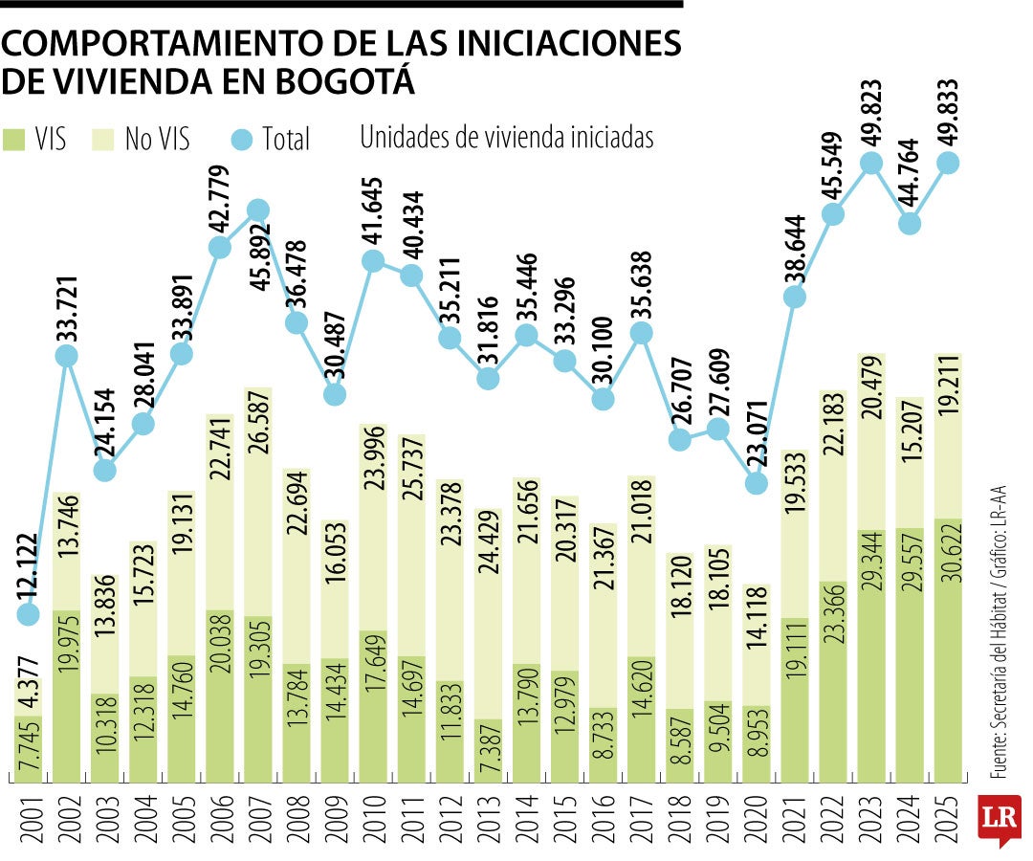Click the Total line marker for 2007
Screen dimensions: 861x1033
click(x=258, y=210)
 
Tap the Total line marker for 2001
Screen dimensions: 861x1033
click(x=29, y=613)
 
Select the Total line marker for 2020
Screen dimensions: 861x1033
click(x=756, y=482)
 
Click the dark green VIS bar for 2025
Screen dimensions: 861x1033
click(x=948, y=651)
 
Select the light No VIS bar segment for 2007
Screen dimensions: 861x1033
click(x=258, y=502)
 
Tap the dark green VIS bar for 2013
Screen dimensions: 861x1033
click(x=488, y=751)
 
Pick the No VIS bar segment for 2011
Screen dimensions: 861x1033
click(x=411, y=545)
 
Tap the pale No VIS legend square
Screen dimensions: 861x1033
click(x=103, y=139)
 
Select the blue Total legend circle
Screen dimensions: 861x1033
click(x=243, y=140)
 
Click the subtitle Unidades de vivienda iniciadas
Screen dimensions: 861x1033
click(x=507, y=138)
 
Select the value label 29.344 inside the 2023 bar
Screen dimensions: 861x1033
click(x=871, y=574)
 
